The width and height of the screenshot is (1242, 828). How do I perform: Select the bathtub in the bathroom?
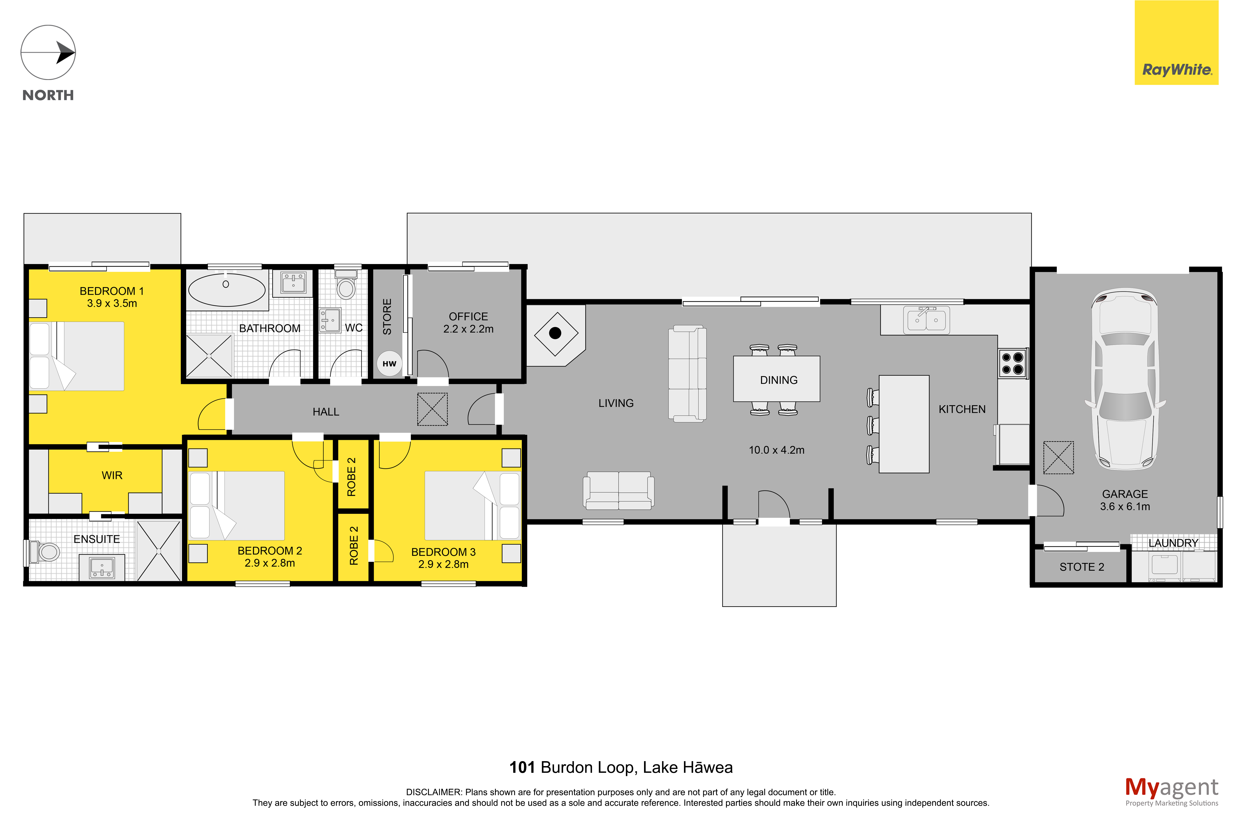(x=227, y=290)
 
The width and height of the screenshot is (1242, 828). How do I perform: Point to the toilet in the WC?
(x=346, y=284)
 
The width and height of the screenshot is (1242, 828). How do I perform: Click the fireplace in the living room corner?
(x=556, y=334)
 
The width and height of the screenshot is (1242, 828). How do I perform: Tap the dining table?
(x=776, y=379)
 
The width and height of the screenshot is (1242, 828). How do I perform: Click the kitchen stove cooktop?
(x=1012, y=363)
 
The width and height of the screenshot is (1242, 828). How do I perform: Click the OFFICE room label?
(x=468, y=316)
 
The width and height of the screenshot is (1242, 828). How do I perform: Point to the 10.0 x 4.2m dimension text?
(x=776, y=450)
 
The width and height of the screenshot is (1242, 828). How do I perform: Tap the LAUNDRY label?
(x=1173, y=543)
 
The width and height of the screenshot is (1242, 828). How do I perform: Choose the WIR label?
(x=112, y=475)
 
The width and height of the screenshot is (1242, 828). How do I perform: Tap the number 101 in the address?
(x=522, y=767)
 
